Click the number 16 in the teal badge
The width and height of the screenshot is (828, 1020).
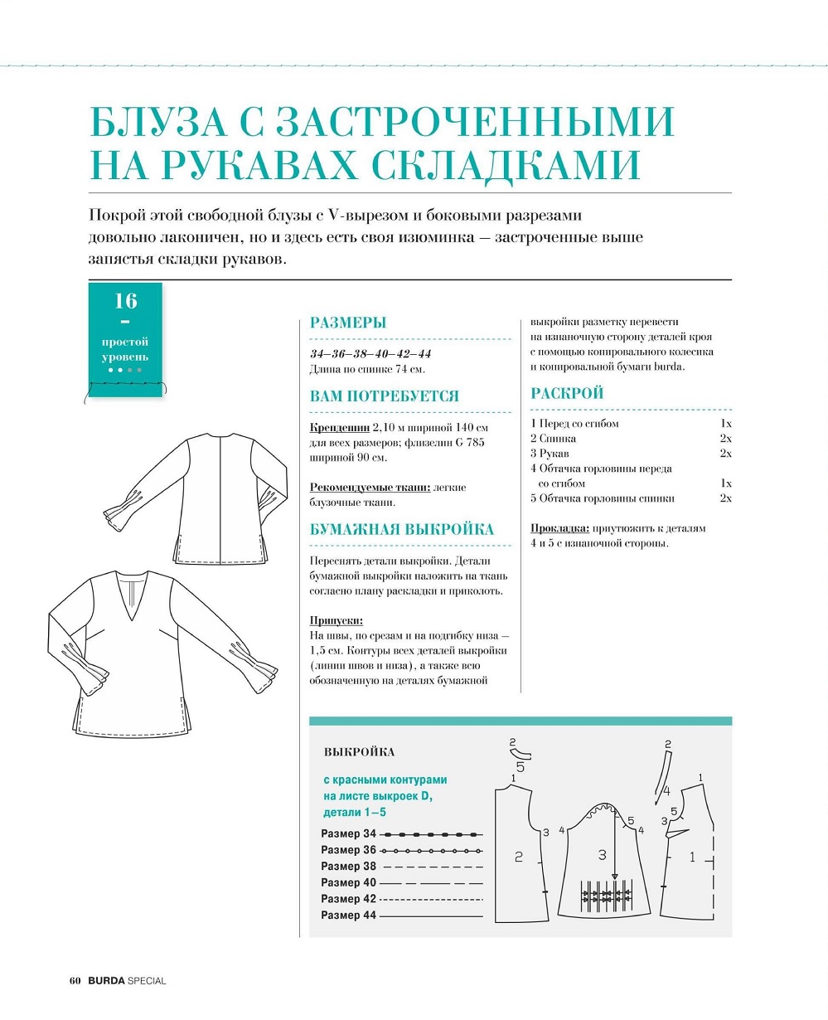126,300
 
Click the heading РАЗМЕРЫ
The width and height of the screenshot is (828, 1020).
348,323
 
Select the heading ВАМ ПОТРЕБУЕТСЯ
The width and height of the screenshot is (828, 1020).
384,396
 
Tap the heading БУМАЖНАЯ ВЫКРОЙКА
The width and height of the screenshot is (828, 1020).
401,530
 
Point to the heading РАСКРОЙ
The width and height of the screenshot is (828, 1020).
567,394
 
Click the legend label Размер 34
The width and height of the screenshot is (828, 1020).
348,833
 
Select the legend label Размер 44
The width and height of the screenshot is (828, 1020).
348,916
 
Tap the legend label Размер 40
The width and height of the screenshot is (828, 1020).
348,882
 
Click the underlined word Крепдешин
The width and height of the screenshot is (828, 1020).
339,428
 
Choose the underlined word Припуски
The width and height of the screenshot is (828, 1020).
336,620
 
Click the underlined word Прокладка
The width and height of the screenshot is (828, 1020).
560,528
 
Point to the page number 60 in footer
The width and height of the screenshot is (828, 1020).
74,981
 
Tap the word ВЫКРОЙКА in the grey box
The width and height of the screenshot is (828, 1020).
359,752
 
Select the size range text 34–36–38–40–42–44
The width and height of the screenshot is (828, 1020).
370,353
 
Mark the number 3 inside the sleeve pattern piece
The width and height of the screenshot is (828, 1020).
603,855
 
